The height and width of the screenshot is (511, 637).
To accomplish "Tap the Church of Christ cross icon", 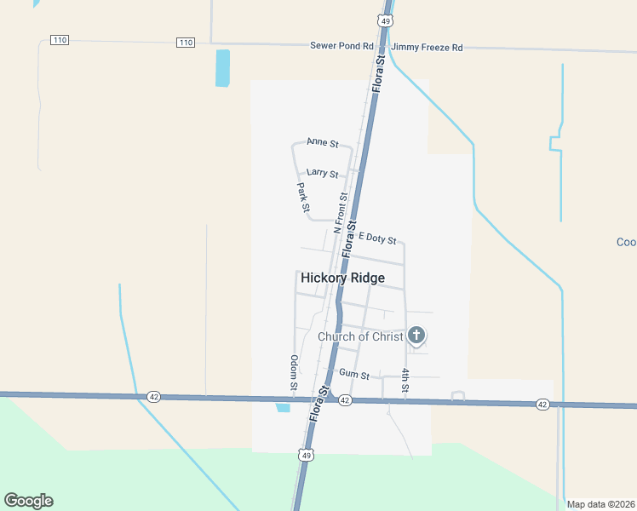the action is [x=416, y=335].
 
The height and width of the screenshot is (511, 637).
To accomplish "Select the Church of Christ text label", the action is [x=360, y=336].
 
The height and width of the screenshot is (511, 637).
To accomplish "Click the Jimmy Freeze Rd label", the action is [x=427, y=48].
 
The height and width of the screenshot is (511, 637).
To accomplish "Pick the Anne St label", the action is [x=323, y=142].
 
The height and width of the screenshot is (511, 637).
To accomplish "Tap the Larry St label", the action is [x=323, y=173].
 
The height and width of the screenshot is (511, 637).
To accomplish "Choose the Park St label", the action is [x=303, y=197].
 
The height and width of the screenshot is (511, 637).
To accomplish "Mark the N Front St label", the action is [x=341, y=213].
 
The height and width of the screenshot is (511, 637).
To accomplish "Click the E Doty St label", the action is [x=377, y=238].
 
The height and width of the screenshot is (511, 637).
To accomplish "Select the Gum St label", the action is [x=353, y=374].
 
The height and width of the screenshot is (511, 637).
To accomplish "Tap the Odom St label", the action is [x=293, y=374].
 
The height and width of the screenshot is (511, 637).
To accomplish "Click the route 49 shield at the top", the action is [x=386, y=20].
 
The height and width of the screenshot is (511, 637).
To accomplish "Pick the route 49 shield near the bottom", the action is [x=306, y=456].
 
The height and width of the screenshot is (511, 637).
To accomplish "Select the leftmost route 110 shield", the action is [x=59, y=40].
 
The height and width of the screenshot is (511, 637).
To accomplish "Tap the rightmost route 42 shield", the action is [x=542, y=404].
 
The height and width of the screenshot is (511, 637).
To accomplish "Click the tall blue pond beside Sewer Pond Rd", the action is [x=222, y=68].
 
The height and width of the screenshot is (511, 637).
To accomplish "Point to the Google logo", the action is [x=28, y=501].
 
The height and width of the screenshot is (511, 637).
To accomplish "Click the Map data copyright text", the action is [x=600, y=504].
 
